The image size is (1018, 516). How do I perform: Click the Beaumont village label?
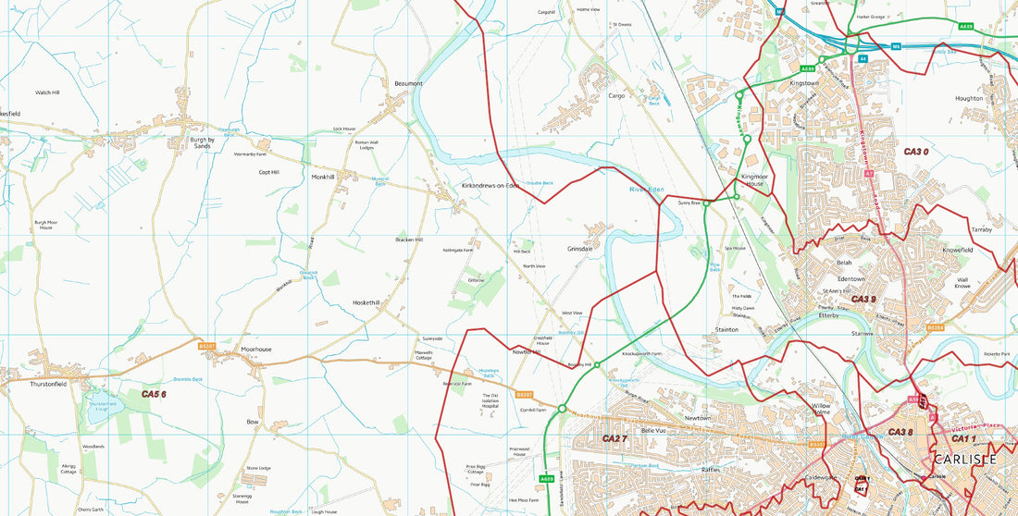tap(408, 84)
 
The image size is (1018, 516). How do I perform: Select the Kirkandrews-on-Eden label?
tap(490, 186)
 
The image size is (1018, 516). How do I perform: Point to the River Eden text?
tap(647, 190)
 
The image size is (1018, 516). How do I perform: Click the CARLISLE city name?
tap(964, 460)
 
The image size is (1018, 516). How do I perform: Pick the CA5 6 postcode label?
tap(154, 395)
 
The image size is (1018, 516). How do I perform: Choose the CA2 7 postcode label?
tap(615, 438)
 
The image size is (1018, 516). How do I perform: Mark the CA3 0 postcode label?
tap(915, 152)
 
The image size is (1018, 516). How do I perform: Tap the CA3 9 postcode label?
tap(863, 300)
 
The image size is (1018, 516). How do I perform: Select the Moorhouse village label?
tap(256, 350)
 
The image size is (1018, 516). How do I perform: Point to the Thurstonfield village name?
tap(48, 384)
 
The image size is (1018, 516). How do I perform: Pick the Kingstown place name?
tap(803, 83)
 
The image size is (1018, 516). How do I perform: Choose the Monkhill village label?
tap(323, 177)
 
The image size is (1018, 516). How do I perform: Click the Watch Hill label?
tap(47, 93)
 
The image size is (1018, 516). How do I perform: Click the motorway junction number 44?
tap(863, 58)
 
